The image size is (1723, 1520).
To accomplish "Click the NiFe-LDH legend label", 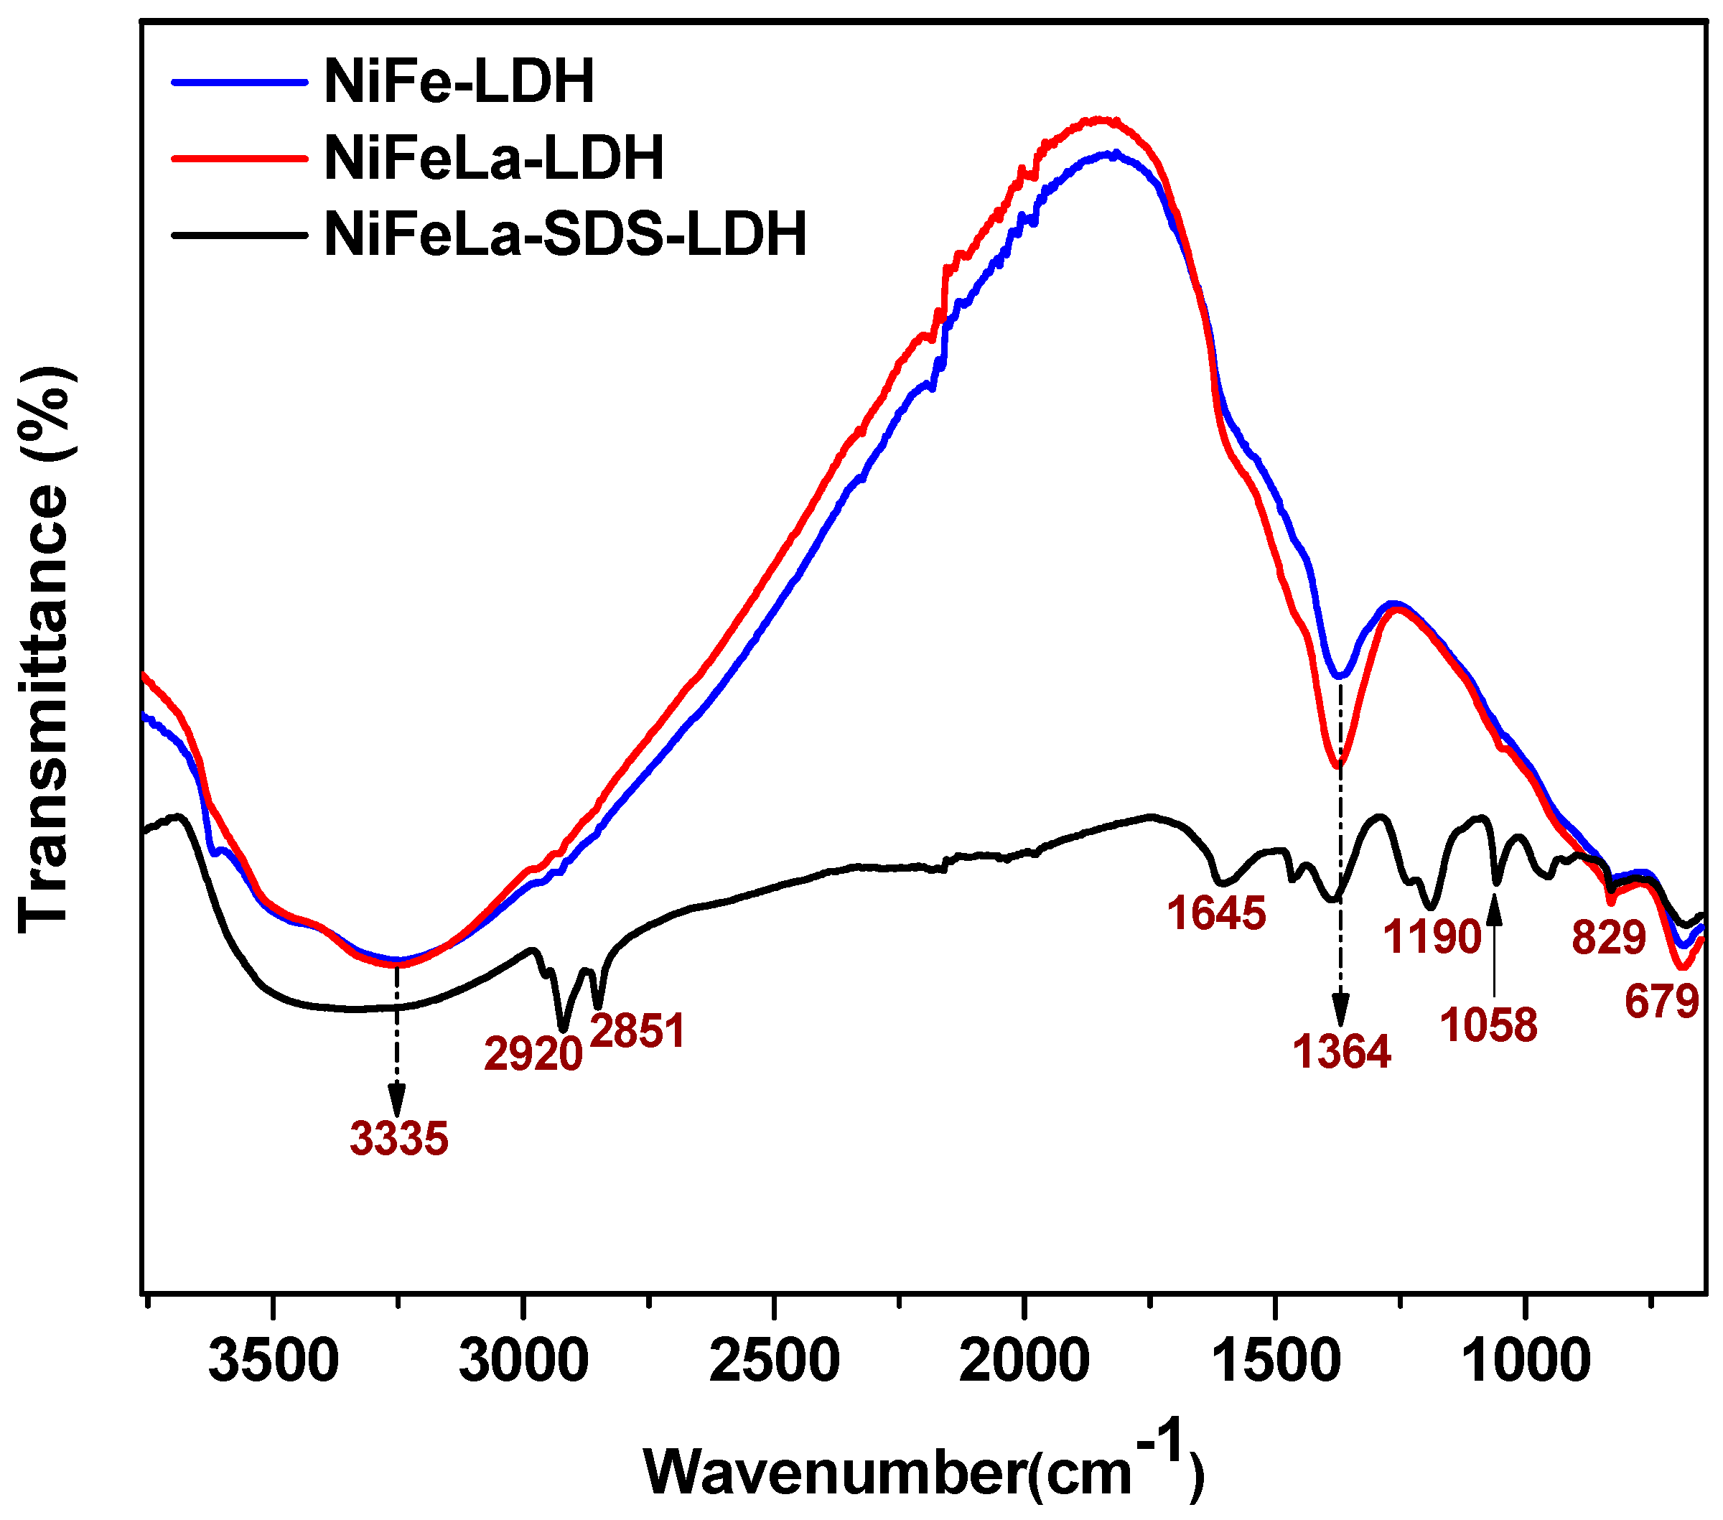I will pyautogui.click(x=459, y=82).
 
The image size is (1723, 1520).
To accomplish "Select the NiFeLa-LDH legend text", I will pyautogui.click(x=494, y=159).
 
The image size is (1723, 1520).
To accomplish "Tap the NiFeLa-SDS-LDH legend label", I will pyautogui.click(x=566, y=234).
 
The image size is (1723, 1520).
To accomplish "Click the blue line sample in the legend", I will pyautogui.click(x=238, y=83).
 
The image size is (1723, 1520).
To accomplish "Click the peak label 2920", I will pyautogui.click(x=533, y=1055).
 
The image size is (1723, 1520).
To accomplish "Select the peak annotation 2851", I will pyautogui.click(x=638, y=1031).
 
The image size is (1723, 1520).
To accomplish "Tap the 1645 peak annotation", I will pyautogui.click(x=1216, y=914).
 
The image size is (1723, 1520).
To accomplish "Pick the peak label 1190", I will pyautogui.click(x=1433, y=936).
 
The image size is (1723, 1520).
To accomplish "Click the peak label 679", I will pyautogui.click(x=1661, y=1002).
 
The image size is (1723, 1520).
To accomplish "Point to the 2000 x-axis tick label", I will pyautogui.click(x=1024, y=1362).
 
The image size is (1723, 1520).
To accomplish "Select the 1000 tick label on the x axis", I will pyautogui.click(x=1525, y=1362).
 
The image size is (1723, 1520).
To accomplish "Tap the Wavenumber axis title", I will pyautogui.click(x=924, y=1471).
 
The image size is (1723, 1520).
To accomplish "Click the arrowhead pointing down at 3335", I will pyautogui.click(x=396, y=1102).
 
